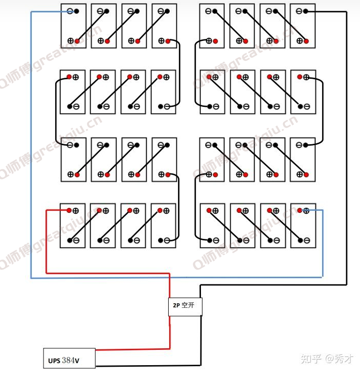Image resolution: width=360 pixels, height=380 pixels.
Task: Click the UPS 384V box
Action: pos(69,358)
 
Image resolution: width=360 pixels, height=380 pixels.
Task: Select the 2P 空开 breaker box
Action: pos(185,307)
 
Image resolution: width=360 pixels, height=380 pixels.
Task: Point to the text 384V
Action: pos(71,361)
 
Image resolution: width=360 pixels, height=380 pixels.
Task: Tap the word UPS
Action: pos(54,361)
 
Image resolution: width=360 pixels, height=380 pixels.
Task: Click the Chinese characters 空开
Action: pos(188,305)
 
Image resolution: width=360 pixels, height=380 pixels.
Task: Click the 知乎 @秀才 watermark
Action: pos(327,359)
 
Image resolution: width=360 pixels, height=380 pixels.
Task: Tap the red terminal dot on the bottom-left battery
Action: pos(69,210)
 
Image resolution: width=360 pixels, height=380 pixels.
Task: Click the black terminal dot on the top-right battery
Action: pos(305,11)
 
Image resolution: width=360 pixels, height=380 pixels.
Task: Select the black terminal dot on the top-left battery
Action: pos(77,11)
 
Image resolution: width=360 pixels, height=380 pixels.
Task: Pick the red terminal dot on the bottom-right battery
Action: pos(300,210)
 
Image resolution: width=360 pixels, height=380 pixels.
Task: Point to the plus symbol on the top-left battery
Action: pos(71,41)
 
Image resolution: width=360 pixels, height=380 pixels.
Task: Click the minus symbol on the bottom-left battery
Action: pos(76,240)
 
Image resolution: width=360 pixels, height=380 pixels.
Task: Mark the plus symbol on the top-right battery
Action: pos(300,41)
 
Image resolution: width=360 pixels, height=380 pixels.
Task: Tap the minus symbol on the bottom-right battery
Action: pos(307,240)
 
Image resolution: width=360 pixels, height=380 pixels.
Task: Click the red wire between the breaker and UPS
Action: pos(170,332)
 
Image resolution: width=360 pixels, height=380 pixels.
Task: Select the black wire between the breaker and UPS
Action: pos(200,341)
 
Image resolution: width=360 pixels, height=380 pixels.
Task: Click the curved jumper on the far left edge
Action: pos(56,111)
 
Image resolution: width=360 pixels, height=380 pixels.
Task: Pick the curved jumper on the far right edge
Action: pos(323,111)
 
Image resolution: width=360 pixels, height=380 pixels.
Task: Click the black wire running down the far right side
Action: pos(346,148)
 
